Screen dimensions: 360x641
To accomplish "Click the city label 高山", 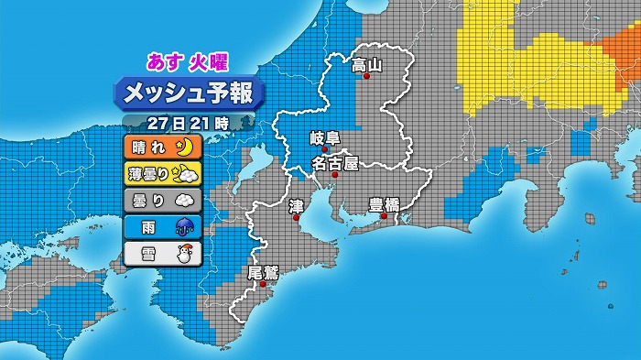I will click(366, 64).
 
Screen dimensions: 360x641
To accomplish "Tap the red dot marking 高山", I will click(367, 77).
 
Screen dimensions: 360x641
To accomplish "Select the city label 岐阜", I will click(324, 138).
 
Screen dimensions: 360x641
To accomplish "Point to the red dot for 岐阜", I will click(324, 150).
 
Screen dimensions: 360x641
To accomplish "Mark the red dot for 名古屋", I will click(336, 174).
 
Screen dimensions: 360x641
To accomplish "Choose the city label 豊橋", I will click(384, 204).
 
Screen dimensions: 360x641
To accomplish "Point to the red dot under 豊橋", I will click(385, 216).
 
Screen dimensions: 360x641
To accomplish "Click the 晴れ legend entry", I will click(161, 147).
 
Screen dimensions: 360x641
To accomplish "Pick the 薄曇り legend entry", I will click(161, 173).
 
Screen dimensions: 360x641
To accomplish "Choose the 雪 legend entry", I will click(161, 253).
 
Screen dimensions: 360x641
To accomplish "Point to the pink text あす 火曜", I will click(188, 61).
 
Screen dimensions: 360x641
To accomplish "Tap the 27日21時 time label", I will click(187, 121).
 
